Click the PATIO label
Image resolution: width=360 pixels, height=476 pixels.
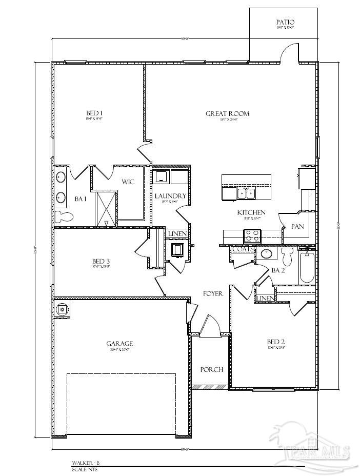pyautogui.click(x=285, y=22)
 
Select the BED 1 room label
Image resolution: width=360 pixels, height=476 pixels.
pyautogui.click(x=94, y=113)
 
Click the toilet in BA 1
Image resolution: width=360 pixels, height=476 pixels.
pyautogui.click(x=65, y=217)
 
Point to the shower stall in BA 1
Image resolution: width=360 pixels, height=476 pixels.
pyautogui.click(x=105, y=208)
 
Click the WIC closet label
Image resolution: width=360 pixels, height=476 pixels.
pyautogui.click(x=128, y=182)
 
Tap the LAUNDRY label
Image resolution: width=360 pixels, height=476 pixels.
pyautogui.click(x=170, y=196)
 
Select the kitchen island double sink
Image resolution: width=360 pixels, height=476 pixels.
pyautogui.click(x=247, y=193)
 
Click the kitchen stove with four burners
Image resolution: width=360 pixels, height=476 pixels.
pyautogui.click(x=252, y=236)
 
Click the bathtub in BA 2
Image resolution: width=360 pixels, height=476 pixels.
pyautogui.click(x=307, y=267)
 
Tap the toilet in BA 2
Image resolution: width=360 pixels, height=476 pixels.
pyautogui.click(x=287, y=255)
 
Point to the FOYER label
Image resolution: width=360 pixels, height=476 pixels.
pyautogui.click(x=213, y=294)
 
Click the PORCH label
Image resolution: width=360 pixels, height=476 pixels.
pyautogui.click(x=211, y=369)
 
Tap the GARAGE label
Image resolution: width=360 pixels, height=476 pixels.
pyautogui.click(x=120, y=344)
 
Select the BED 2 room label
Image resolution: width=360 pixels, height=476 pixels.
pyautogui.click(x=276, y=342)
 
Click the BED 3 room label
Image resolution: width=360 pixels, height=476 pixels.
pyautogui.click(x=102, y=261)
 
